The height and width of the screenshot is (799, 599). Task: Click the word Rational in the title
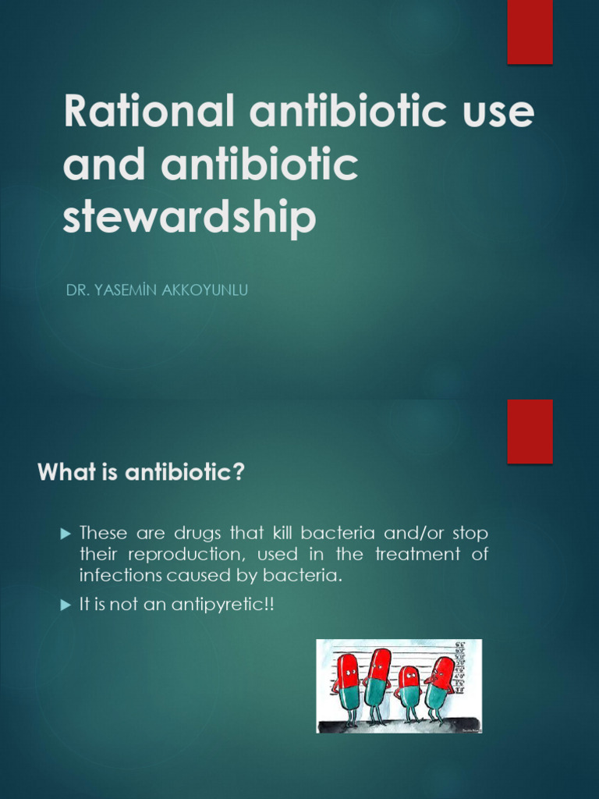pyautogui.click(x=148, y=112)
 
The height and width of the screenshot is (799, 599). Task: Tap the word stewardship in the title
pyautogui.click(x=190, y=218)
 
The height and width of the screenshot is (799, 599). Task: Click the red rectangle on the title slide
pyautogui.click(x=530, y=31)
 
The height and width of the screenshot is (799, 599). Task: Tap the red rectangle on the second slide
pyautogui.click(x=530, y=431)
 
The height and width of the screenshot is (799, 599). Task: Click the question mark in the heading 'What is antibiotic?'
pyautogui.click(x=239, y=472)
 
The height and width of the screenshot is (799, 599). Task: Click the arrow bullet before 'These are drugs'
pyautogui.click(x=66, y=534)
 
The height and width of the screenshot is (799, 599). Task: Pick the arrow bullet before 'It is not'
pyautogui.click(x=66, y=605)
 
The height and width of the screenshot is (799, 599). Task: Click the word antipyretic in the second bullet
pyautogui.click(x=225, y=605)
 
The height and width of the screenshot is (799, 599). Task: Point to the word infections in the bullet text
pyautogui.click(x=113, y=576)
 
